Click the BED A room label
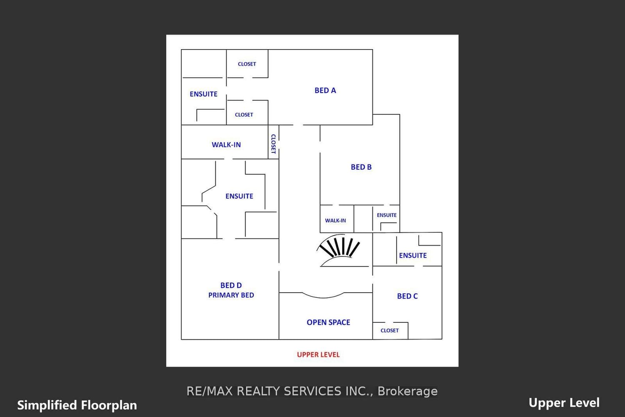tap(325, 90)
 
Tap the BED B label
tap(361, 167)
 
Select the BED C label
tap(407, 296)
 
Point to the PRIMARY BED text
tap(231, 295)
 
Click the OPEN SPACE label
tap(328, 322)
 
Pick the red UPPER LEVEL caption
tap(318, 355)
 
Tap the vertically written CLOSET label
tap(273, 144)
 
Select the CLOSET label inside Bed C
tap(390, 330)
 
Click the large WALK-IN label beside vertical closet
tap(226, 145)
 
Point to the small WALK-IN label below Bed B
tap(335, 221)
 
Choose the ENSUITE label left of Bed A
tap(203, 94)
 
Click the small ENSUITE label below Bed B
tap(386, 215)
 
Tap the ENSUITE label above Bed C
tap(412, 256)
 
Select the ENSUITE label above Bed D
tap(239, 196)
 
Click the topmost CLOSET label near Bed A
tap(247, 64)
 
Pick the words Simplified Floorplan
tap(77, 405)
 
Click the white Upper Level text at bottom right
tap(564, 403)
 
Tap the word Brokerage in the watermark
tap(407, 392)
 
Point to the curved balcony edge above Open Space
tap(323, 296)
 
